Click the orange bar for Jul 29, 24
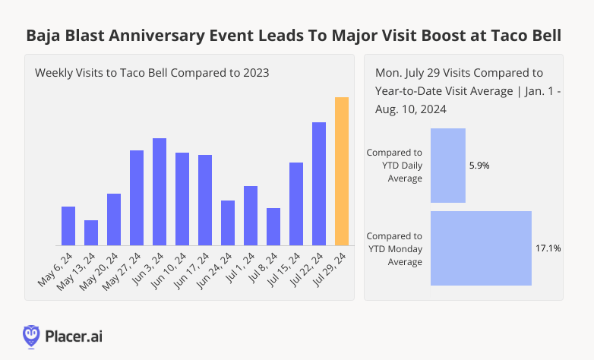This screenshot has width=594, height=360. tap(342, 172)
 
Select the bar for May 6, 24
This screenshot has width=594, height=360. tap(68, 226)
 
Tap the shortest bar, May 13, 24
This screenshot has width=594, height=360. tap(91, 232)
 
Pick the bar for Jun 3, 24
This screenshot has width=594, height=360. tap(160, 191)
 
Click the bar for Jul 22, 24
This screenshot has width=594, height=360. tap(319, 184)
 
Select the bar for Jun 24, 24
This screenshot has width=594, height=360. tap(228, 223)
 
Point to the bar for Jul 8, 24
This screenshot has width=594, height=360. tap(273, 226)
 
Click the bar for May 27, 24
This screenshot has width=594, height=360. tap(137, 197)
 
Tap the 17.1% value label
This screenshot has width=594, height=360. tap(548, 248)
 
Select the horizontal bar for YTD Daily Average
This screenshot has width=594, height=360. tap(448, 166)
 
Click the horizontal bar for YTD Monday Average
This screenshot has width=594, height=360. tap(481, 248)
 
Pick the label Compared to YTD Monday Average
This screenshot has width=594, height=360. tap(395, 249)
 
